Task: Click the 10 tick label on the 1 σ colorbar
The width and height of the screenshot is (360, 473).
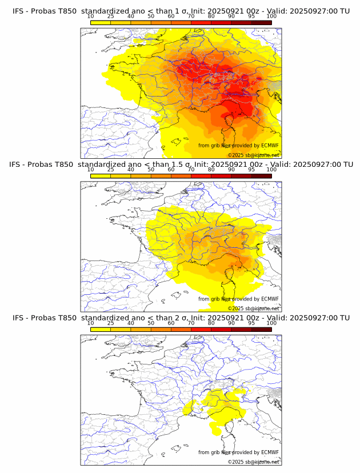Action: [90, 16]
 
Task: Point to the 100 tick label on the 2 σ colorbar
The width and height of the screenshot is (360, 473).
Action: [271, 323]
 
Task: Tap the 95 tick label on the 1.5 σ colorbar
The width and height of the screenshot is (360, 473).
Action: [251, 170]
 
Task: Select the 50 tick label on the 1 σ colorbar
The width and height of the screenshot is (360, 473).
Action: [151, 16]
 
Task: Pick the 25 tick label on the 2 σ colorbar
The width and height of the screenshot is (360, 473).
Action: [110, 323]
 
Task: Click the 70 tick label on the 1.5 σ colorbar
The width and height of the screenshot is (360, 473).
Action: [191, 170]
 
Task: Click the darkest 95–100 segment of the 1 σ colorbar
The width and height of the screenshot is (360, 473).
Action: [261, 22]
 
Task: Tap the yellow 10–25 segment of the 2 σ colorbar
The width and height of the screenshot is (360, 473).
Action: [100, 329]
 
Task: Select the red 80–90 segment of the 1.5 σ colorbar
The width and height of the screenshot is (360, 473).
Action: [221, 176]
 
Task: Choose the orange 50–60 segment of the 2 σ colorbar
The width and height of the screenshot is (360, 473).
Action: [161, 329]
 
